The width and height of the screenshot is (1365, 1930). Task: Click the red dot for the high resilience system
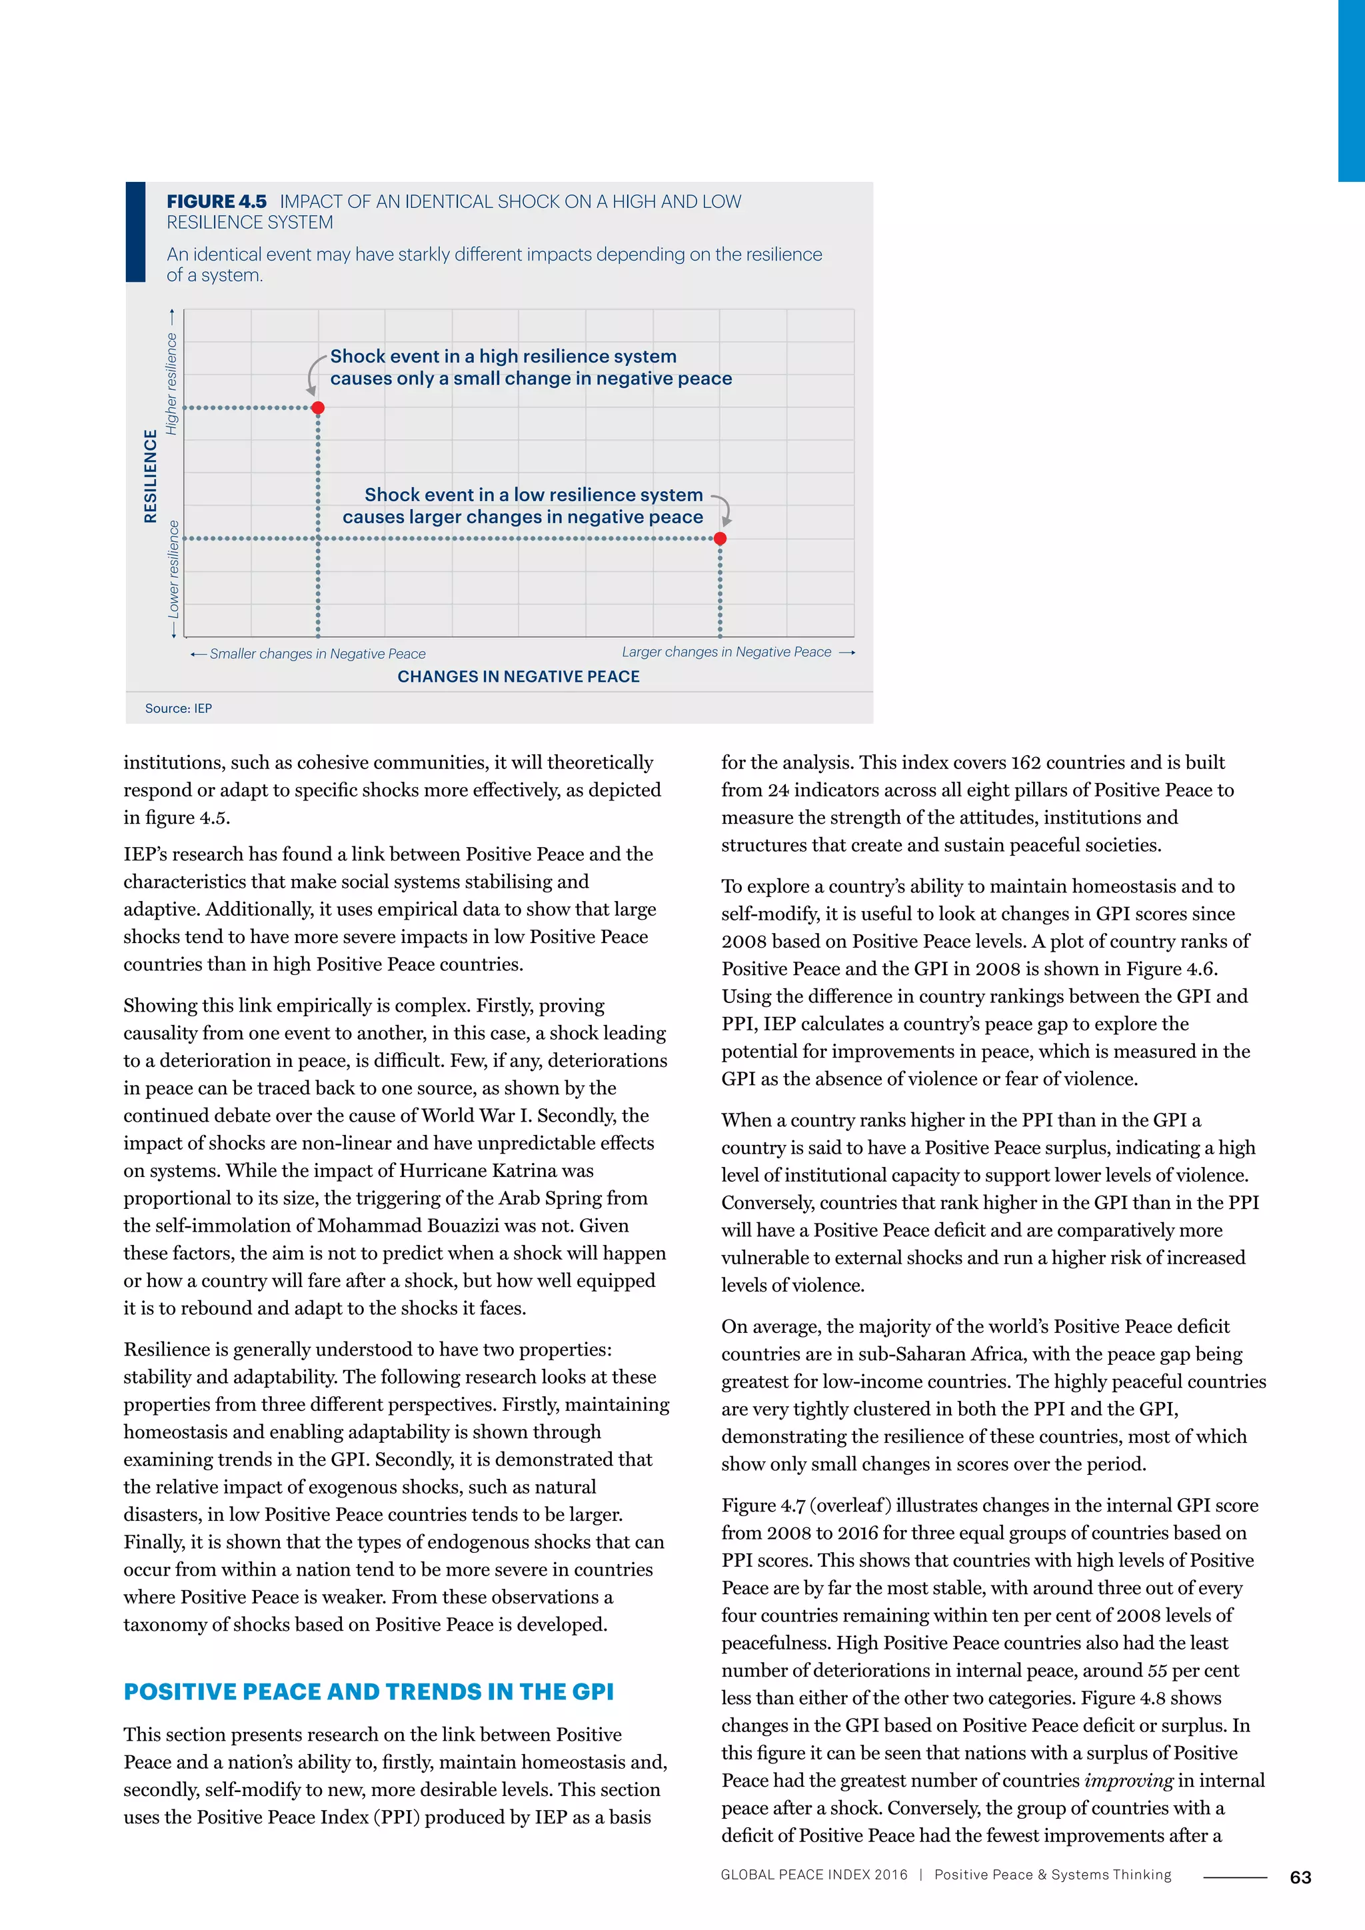[318, 408]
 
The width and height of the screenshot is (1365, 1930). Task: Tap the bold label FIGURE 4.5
[216, 202]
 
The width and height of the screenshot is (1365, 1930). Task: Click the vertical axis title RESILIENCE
[151, 477]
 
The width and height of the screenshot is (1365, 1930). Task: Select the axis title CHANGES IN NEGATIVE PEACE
[518, 676]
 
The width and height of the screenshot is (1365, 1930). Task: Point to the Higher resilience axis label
[173, 384]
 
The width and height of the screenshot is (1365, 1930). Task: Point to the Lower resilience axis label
[174, 569]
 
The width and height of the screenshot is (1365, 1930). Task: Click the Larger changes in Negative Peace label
[726, 652]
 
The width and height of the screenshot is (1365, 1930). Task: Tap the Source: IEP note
[178, 708]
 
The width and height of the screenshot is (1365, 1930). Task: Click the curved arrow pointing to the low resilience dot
[724, 509]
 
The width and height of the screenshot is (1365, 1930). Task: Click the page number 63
[1300, 1877]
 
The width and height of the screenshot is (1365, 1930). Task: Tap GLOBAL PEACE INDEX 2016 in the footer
[814, 1875]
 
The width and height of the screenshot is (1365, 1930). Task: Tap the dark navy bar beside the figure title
[135, 232]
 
